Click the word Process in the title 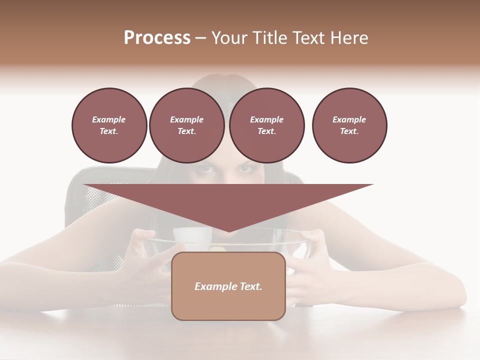click(157, 38)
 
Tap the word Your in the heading click(230, 38)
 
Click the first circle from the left click(109, 125)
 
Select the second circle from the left click(186, 125)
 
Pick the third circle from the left click(266, 125)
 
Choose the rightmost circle click(349, 125)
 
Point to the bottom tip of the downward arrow click(228, 231)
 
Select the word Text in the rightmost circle click(349, 131)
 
